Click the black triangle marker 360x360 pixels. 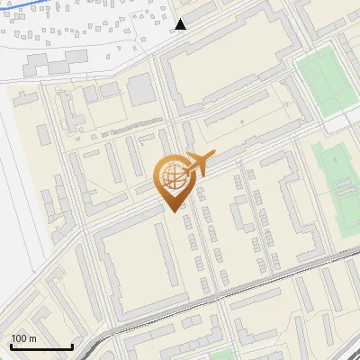tap(181, 24)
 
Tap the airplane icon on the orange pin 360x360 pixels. tap(196, 164)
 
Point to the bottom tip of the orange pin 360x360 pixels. tap(172, 211)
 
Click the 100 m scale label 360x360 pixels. tap(23, 338)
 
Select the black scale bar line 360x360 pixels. tap(41, 346)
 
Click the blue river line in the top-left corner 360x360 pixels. tap(36, 8)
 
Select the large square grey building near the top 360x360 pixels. tap(141, 89)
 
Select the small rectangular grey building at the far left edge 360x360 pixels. tap(41, 136)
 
